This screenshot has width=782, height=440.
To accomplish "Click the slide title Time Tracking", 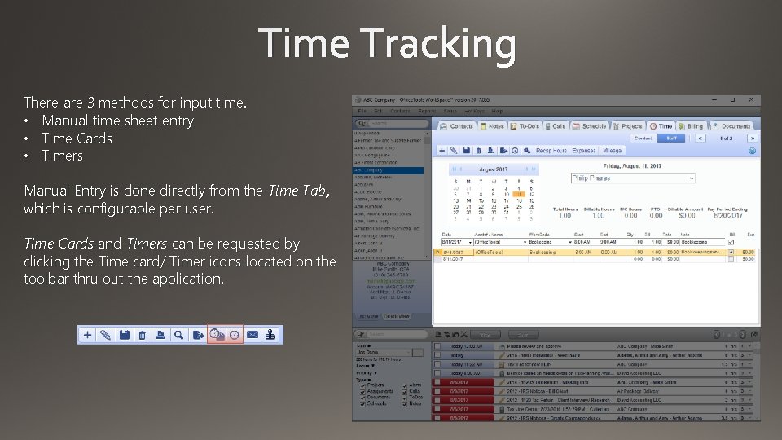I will pyautogui.click(x=388, y=44).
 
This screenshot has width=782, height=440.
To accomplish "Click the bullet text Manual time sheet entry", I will pyautogui.click(x=117, y=121).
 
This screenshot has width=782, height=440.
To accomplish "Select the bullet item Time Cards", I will pyautogui.click(x=77, y=139).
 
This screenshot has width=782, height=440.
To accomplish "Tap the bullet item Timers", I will pyautogui.click(x=62, y=156).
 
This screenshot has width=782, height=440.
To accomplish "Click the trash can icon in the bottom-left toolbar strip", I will pyautogui.click(x=142, y=335).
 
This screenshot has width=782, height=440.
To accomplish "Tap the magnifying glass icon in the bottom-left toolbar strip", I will pyautogui.click(x=197, y=335).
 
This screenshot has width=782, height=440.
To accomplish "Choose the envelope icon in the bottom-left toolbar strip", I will pyautogui.click(x=253, y=335).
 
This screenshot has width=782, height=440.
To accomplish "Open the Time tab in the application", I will pyautogui.click(x=661, y=126).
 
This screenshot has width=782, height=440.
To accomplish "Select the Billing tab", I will pyautogui.click(x=691, y=126).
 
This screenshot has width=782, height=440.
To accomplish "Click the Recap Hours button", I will pyautogui.click(x=551, y=151).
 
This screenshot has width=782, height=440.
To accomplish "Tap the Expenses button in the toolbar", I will pyautogui.click(x=583, y=151).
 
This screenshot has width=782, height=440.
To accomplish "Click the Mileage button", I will pyautogui.click(x=612, y=151).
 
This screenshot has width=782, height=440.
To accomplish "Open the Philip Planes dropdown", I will pyautogui.click(x=632, y=178).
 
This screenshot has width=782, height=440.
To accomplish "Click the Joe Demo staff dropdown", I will pyautogui.click(x=390, y=351).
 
